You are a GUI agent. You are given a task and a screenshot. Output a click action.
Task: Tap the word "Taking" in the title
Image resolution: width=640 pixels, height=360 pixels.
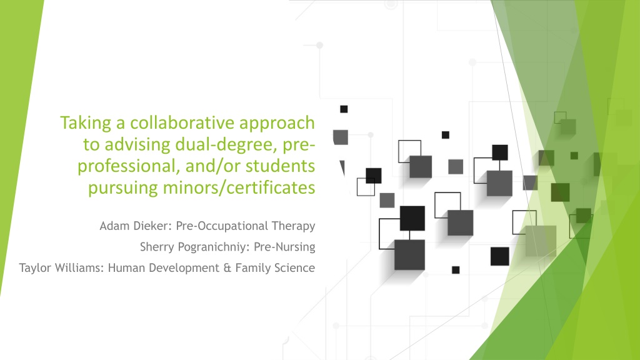(86, 123)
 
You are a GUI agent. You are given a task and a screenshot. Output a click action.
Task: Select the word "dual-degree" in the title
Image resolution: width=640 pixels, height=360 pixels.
(225, 145)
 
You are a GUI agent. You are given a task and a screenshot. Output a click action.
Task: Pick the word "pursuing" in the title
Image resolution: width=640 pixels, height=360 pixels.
(123, 188)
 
